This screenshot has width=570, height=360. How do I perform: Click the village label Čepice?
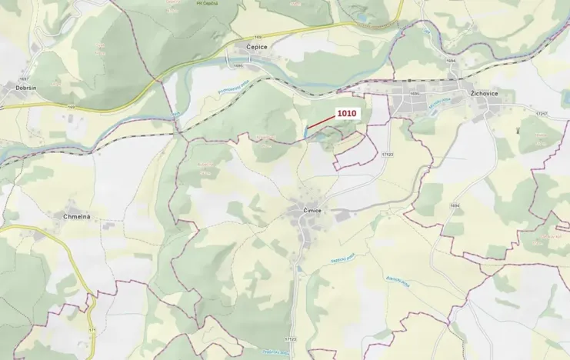257,48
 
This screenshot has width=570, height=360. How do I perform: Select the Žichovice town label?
485,94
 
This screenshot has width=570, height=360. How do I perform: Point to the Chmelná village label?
77,217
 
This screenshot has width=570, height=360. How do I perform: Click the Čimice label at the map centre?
310,209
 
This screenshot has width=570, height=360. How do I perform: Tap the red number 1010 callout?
347,113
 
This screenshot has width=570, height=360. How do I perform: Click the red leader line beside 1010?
322,122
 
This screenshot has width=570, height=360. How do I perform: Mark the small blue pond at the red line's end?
306,134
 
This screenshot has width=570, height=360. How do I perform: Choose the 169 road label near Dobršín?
71,106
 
